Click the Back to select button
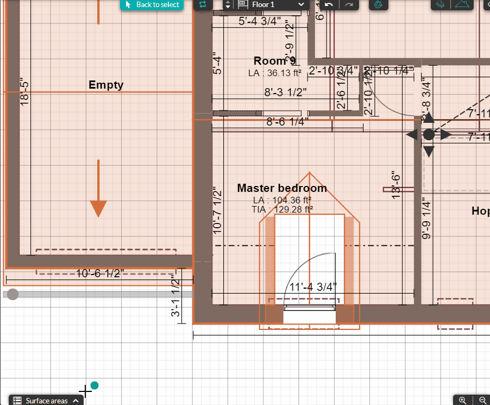coord(152,5)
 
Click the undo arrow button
coord(329,4)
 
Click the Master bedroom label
coord(282,188)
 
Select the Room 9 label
coord(274,61)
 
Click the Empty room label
coord(106,85)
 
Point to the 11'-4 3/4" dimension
coord(313,287)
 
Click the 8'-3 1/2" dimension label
coord(286,92)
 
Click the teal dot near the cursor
coord(95,385)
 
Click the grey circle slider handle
coord(12,294)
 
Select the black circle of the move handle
coord(429,134)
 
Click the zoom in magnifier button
coord(463,400)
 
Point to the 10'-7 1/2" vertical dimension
coord(218,210)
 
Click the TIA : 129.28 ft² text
coord(282,209)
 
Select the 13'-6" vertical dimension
coord(396,185)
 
